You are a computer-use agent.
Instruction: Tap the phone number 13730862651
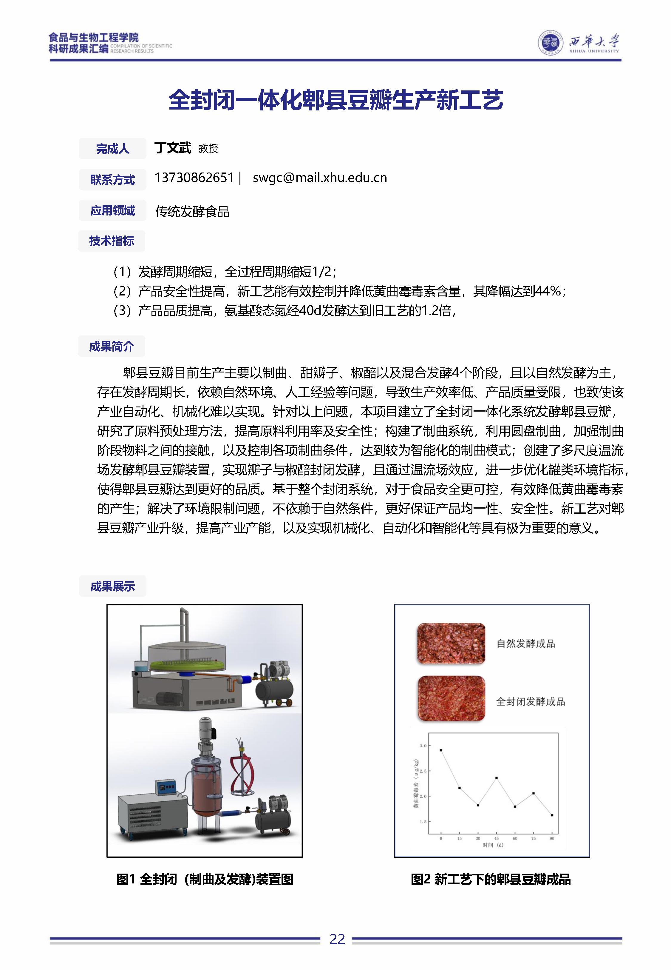click(194, 178)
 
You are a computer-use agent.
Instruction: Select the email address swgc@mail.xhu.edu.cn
click(319, 178)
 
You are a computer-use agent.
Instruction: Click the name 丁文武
click(172, 148)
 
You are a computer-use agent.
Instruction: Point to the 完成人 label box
click(112, 149)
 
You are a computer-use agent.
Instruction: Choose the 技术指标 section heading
click(112, 241)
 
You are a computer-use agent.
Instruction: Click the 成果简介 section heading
click(112, 346)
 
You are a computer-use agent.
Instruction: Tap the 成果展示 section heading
click(112, 586)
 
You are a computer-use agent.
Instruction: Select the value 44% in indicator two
click(548, 291)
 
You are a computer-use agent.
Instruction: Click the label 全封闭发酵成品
click(530, 701)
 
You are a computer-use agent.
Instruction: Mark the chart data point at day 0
click(440, 750)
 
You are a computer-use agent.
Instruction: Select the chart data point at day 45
click(497, 778)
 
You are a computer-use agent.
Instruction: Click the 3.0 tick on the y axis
click(423, 746)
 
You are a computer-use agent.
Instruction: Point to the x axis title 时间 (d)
click(492, 845)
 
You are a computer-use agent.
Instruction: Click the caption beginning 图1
click(205, 879)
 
